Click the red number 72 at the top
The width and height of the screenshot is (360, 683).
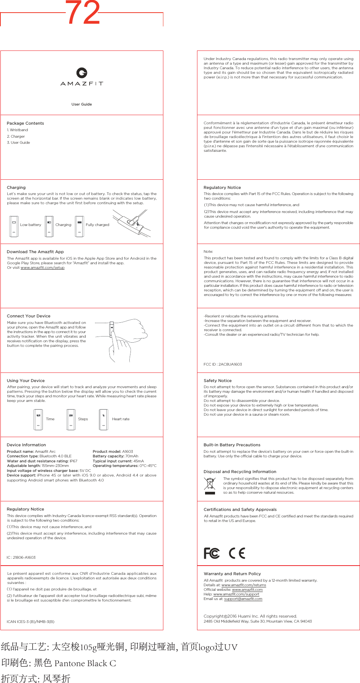click(83, 13)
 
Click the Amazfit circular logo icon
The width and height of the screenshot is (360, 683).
click(81, 73)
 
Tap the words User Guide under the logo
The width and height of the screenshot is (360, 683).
click(81, 104)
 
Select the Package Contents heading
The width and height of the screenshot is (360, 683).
click(25, 123)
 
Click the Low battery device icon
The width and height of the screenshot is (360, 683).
click(14, 226)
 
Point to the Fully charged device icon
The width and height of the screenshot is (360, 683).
click(79, 226)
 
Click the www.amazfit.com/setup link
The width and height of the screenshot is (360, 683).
click(42, 268)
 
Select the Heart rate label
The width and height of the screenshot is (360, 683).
click(121, 419)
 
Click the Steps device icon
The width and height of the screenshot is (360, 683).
click(71, 420)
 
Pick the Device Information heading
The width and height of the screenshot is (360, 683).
click(26, 445)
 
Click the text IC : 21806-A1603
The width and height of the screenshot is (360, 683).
click(21, 557)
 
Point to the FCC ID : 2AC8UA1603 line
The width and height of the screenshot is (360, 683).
click(223, 364)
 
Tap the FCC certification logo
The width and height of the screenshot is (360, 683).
click(212, 553)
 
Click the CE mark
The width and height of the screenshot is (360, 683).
click(237, 553)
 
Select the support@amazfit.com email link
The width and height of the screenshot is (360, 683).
click(243, 599)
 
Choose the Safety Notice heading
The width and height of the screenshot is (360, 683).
click(217, 381)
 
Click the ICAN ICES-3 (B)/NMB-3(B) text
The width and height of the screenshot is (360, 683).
click(31, 621)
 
